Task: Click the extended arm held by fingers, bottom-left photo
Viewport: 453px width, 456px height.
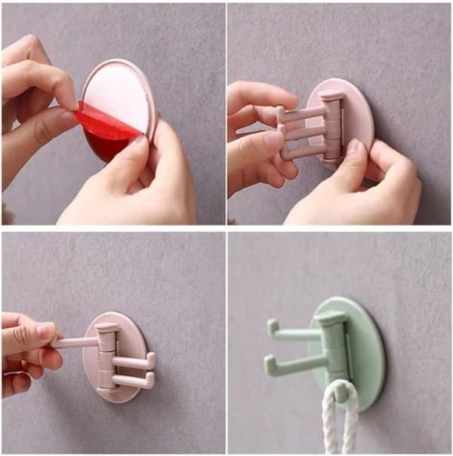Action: point(75,342)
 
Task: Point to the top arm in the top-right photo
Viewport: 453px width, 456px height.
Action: point(302,114)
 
